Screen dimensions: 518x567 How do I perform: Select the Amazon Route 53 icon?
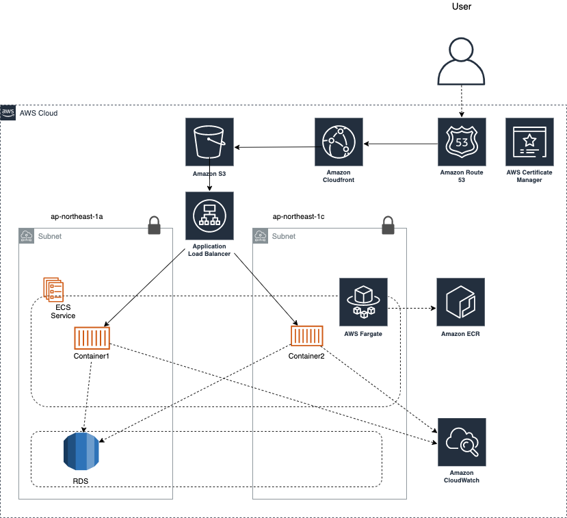click(x=462, y=142)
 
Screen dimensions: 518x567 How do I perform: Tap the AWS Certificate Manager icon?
click(x=529, y=142)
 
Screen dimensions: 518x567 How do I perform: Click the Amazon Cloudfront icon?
click(x=339, y=142)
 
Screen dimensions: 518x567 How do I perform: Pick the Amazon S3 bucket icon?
click(x=209, y=142)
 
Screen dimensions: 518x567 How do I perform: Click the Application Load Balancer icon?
click(x=209, y=216)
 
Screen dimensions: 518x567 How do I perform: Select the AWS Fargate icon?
click(x=363, y=302)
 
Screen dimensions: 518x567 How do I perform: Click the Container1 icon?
click(x=92, y=338)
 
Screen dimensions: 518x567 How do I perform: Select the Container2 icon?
click(x=307, y=337)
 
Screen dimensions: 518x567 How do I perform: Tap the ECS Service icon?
click(x=53, y=289)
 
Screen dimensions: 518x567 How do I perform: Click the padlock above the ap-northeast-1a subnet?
click(x=155, y=226)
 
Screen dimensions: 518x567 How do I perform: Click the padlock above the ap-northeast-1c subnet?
click(x=388, y=225)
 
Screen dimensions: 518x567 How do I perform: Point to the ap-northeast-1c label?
click(x=298, y=216)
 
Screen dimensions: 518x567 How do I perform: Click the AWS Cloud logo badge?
click(x=8, y=112)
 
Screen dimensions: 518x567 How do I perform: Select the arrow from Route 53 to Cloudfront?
click(x=400, y=144)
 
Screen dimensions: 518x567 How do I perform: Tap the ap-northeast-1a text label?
click(x=77, y=216)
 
